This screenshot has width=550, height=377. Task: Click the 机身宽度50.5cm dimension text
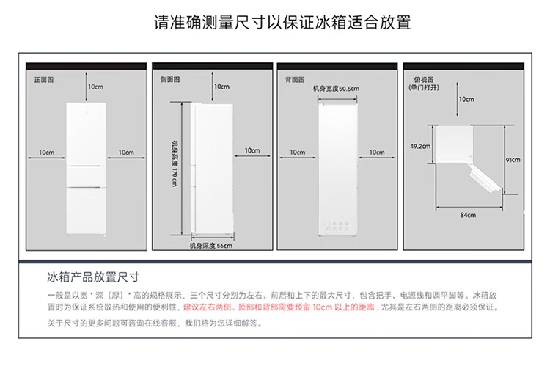pyautogui.click(x=336, y=89)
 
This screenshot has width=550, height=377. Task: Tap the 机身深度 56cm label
pyautogui.click(x=210, y=246)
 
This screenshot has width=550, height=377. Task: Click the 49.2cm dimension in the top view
pyautogui.click(x=419, y=146)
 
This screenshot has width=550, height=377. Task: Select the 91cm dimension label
pyautogui.click(x=512, y=159)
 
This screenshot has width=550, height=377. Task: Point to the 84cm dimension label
pyautogui.click(x=468, y=215)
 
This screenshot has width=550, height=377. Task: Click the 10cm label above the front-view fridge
pyautogui.click(x=95, y=87)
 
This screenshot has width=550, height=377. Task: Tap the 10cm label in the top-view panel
pyautogui.click(x=466, y=99)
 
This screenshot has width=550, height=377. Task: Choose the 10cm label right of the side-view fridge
pyautogui.click(x=252, y=150)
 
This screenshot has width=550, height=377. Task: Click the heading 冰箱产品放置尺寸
pyautogui.click(x=93, y=277)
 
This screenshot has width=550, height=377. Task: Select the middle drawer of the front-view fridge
pyautogui.click(x=86, y=176)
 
